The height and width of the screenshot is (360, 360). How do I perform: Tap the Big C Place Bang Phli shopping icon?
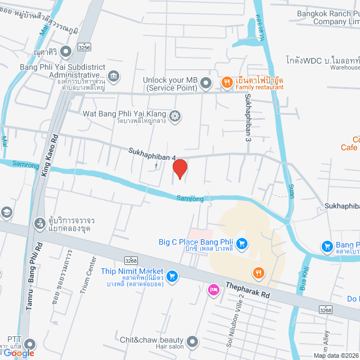click(242, 244)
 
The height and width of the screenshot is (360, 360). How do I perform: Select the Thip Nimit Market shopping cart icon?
click(172, 276)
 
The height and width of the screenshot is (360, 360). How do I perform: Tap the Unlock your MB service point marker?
click(206, 84)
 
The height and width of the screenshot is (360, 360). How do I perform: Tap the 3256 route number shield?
click(84, 48)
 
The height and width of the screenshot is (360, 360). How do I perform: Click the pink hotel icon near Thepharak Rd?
click(213, 290)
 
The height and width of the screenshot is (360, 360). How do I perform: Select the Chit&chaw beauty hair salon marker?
click(193, 341)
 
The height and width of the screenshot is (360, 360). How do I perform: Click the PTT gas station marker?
click(30, 344)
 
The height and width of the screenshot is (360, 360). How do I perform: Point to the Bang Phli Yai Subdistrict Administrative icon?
click(114, 75)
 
